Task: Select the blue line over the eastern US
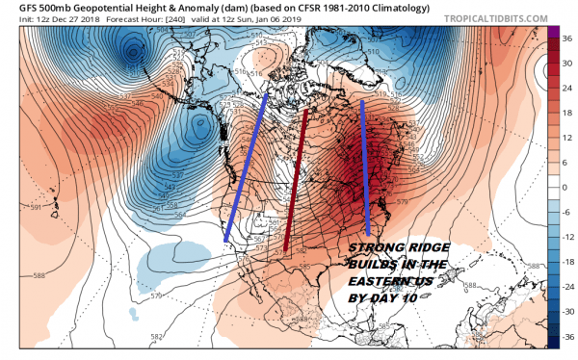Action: pos(365,167)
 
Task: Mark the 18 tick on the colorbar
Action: pos(563,111)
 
